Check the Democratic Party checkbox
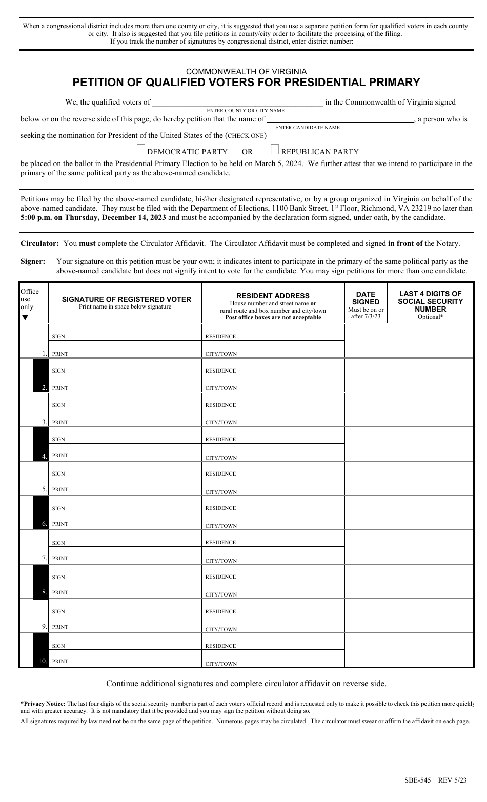click(141, 150)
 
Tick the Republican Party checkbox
click(275, 150)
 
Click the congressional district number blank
click(368, 43)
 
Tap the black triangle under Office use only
click(25, 317)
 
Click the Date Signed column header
click(366, 298)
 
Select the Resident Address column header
click(273, 296)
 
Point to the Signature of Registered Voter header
click(126, 299)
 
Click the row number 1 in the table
click(45, 353)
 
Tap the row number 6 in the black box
click(45, 524)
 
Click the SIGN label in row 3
click(58, 405)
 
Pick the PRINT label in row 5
click(60, 490)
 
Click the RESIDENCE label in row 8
click(220, 577)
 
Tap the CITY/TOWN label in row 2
click(221, 388)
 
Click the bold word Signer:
click(33, 261)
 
